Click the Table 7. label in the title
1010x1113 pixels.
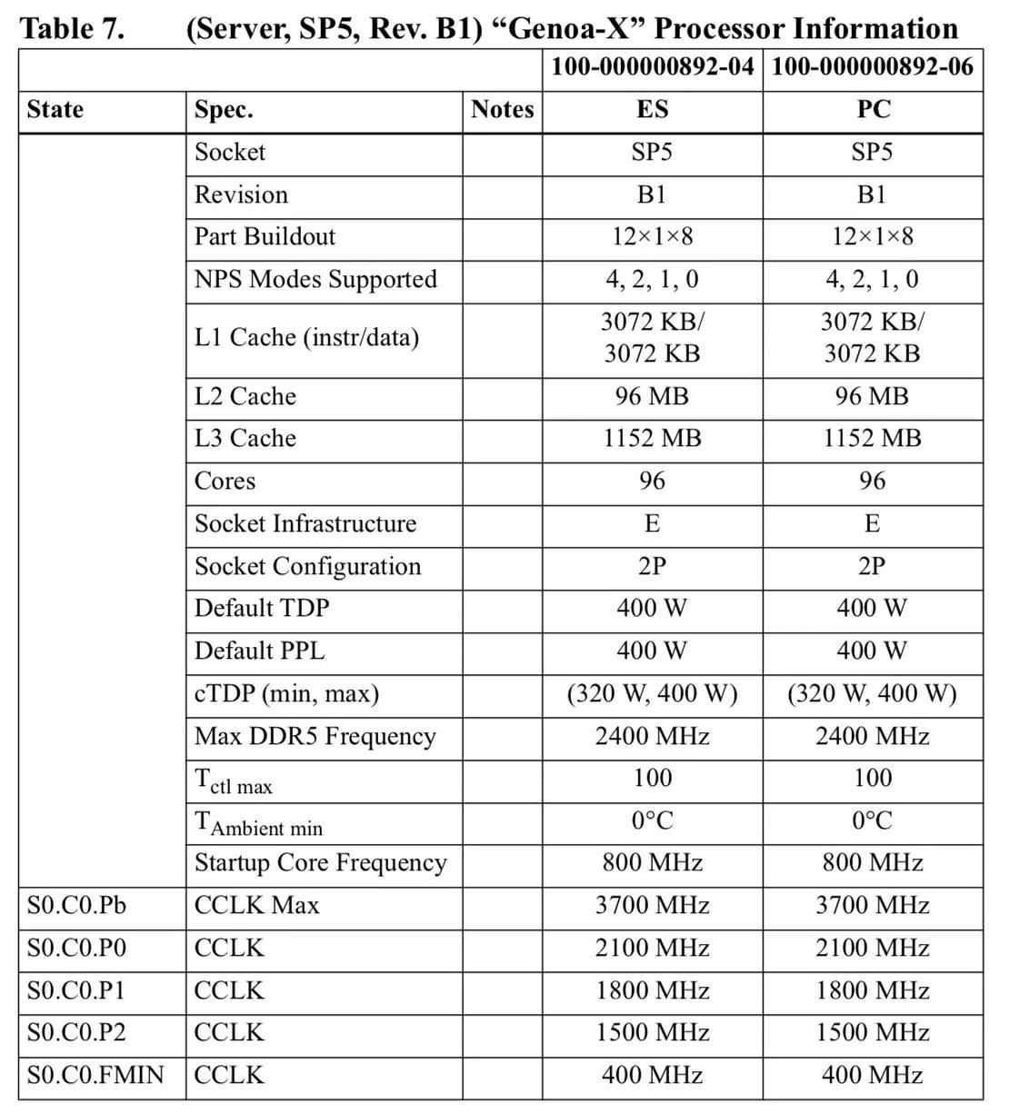[71, 28]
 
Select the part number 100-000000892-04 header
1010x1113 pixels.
[652, 66]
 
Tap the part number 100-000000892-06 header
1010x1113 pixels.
[872, 66]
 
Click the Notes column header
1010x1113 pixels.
[502, 110]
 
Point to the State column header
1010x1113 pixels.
[55, 110]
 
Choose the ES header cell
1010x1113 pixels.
[652, 110]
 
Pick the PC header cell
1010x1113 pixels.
[873, 110]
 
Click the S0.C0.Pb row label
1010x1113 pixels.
[77, 906]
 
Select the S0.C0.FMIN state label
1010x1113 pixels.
[95, 1076]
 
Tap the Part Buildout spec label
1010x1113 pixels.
[265, 237]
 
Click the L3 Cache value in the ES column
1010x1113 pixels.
[652, 439]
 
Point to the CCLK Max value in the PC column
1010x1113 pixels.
[872, 906]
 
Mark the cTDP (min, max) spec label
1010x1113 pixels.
[286, 694]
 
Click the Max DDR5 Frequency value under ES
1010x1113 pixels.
[652, 737]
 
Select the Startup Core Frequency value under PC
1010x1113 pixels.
[872, 863]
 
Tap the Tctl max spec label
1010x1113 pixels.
[234, 780]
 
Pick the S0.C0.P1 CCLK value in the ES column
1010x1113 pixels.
[652, 990]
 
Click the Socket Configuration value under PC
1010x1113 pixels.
[872, 567]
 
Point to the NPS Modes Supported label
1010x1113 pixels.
[315, 280]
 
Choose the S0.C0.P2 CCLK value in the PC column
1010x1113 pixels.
[872, 1033]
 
